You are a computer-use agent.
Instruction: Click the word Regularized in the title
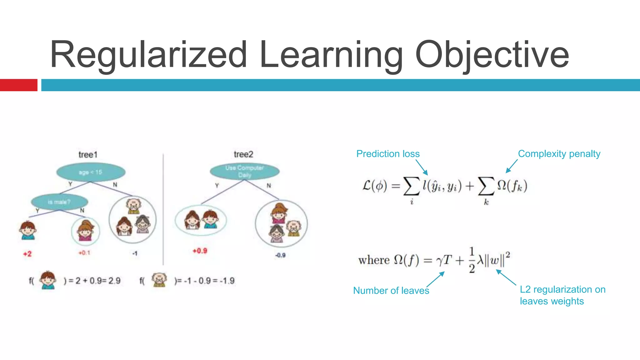pos(149,55)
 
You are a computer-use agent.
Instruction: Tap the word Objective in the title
pos(492,55)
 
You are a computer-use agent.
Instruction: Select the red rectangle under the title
pos(18,85)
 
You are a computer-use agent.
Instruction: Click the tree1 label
pos(88,155)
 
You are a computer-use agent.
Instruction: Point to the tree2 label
pos(243,154)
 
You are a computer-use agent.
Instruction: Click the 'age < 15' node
pos(91,172)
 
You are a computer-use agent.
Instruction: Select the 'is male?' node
pos(59,202)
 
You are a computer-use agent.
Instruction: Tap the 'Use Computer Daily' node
pos(244,171)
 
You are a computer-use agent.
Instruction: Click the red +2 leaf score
pos(27,254)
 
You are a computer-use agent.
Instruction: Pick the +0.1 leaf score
pos(84,252)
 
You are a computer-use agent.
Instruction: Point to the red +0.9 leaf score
pos(200,251)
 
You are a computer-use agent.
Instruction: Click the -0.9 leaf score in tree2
pos(280,255)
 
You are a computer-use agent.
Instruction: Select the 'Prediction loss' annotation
pos(388,154)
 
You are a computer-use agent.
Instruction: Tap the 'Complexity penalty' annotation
pos(559,154)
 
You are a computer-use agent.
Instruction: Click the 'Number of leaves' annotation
pos(391,291)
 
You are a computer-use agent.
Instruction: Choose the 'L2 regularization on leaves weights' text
pos(562,295)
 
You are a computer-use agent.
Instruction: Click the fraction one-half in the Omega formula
pos(472,260)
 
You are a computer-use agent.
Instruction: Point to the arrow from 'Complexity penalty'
pos(512,166)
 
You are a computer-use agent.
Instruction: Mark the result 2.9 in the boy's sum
pos(114,281)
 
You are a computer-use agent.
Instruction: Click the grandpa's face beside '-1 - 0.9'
pos(159,279)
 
